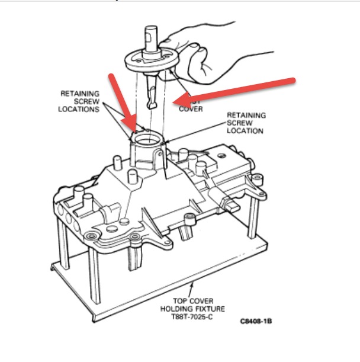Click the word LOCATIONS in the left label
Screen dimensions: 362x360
click(x=79, y=110)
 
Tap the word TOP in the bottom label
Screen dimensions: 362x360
click(x=178, y=300)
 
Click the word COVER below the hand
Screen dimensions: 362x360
click(x=191, y=109)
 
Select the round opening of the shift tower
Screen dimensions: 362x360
click(x=146, y=140)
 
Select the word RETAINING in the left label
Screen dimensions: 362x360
click(x=80, y=94)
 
